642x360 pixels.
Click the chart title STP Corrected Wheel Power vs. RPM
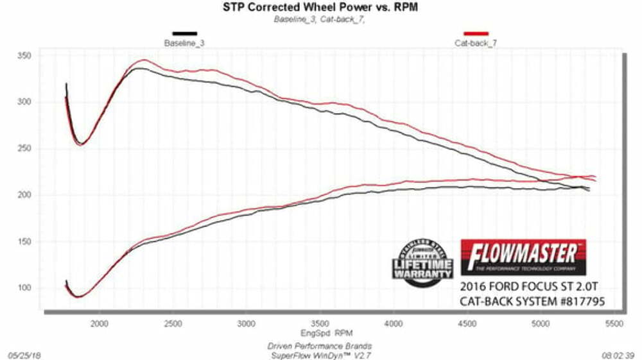pyautogui.click(x=320, y=8)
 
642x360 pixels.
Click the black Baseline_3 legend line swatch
pyautogui.click(x=184, y=33)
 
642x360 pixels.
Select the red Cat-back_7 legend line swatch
pyautogui.click(x=476, y=33)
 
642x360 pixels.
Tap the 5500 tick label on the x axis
pyautogui.click(x=613, y=325)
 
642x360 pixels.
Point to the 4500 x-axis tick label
pyautogui.click(x=466, y=325)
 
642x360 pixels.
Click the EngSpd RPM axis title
pyautogui.click(x=320, y=334)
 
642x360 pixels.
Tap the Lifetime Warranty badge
pyautogui.click(x=422, y=263)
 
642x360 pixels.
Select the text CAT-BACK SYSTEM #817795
pyautogui.click(x=532, y=300)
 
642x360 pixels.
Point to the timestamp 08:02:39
pyautogui.click(x=619, y=354)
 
